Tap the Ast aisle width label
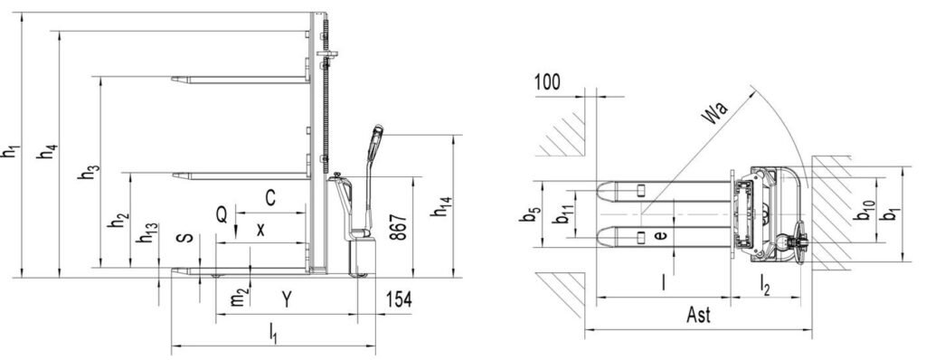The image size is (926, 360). (x=697, y=316)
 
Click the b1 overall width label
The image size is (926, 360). (x=893, y=217)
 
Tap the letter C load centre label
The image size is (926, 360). (x=270, y=195)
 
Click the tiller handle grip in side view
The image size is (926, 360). (x=374, y=143)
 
